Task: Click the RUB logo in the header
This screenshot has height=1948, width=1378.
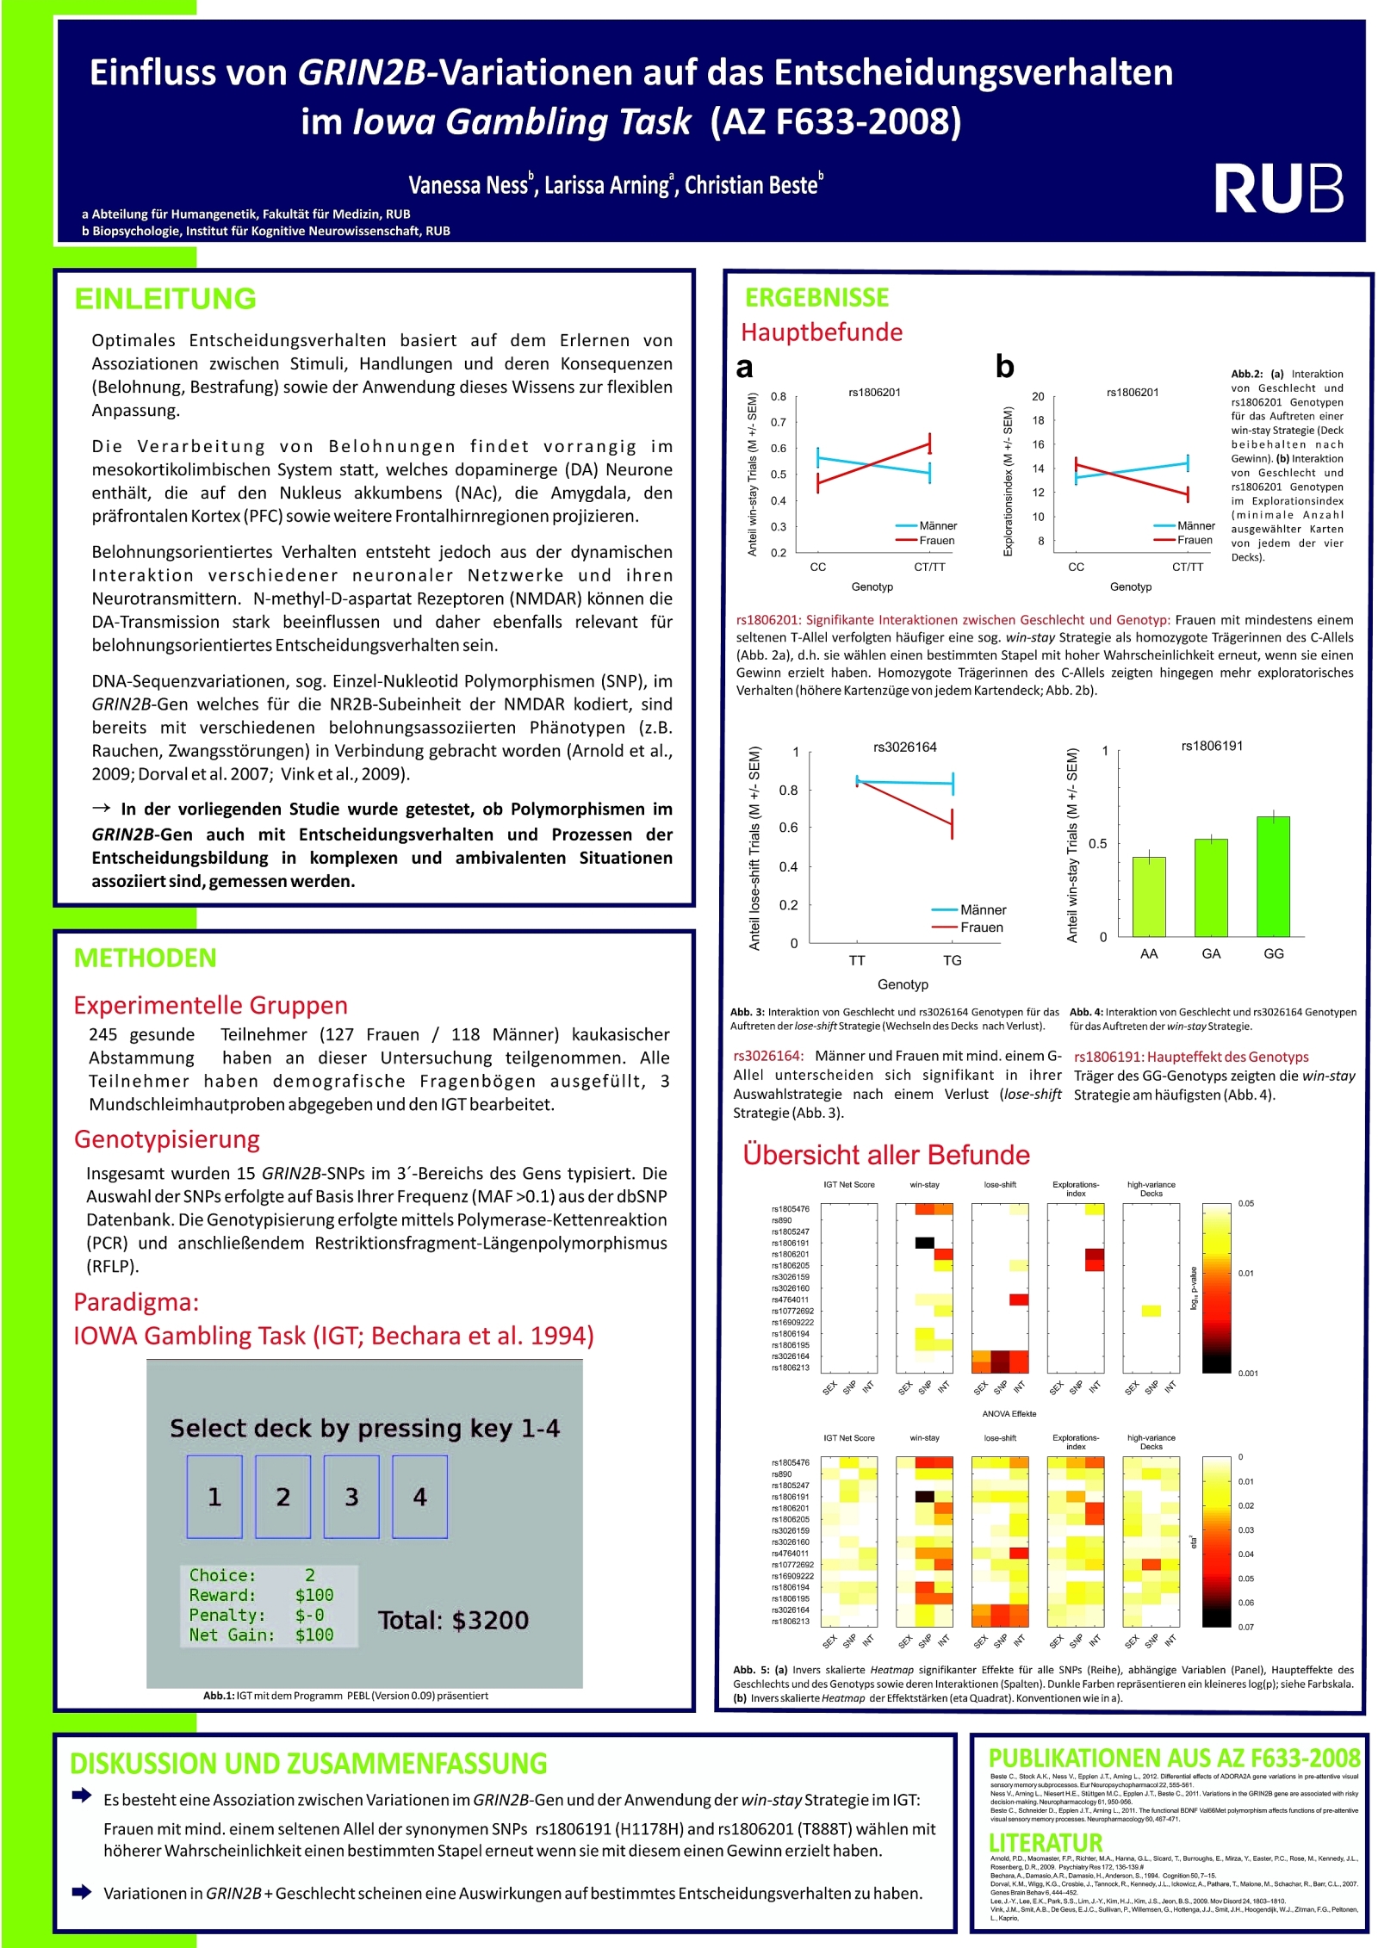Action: [1278, 189]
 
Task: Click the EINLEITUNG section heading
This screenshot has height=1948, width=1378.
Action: [165, 299]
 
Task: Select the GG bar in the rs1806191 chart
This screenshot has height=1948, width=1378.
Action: [1273, 876]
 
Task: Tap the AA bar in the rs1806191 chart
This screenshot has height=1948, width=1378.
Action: [1148, 896]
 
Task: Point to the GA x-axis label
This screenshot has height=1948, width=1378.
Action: [1211, 953]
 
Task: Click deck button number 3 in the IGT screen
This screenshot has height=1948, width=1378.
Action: [351, 1497]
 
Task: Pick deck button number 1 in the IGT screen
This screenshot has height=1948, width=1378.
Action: [214, 1497]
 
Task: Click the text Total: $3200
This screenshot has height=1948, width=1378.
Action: [453, 1620]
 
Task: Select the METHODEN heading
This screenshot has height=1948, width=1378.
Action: [145, 958]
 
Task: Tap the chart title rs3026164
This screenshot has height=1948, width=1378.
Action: [904, 747]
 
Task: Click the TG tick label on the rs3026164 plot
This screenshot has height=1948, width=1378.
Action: [952, 960]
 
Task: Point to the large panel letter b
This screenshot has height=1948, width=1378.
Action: [1004, 367]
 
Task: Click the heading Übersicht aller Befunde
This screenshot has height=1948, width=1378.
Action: [886, 1155]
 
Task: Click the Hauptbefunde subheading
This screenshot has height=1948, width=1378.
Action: [822, 332]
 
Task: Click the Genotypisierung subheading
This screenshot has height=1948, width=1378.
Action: [167, 1139]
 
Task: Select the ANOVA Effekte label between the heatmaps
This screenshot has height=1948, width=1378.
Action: [1009, 1413]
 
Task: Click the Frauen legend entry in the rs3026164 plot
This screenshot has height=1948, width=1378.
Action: [981, 927]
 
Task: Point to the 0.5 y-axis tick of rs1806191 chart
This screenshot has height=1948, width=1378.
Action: [1097, 844]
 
